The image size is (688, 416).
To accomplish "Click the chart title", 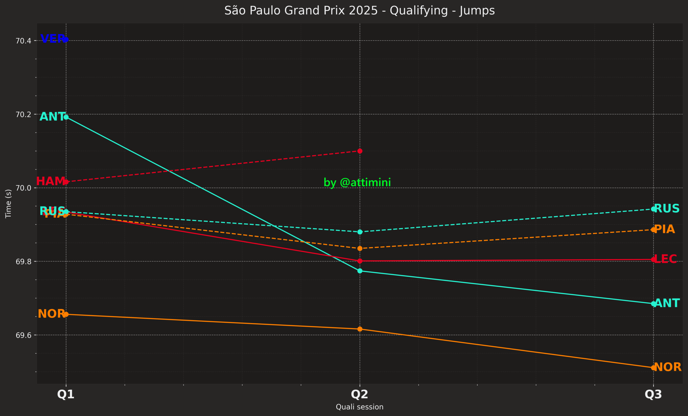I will [x=359, y=10].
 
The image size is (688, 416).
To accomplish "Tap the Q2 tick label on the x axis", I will [x=359, y=394].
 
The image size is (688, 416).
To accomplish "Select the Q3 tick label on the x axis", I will [x=653, y=394].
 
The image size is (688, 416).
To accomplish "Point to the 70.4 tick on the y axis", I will [x=23, y=41].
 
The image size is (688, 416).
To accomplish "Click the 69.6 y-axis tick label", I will [x=23, y=335].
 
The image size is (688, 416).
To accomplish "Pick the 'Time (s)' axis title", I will [x=8, y=203].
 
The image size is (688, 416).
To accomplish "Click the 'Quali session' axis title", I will [x=359, y=407].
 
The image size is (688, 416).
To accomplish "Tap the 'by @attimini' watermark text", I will [x=357, y=182].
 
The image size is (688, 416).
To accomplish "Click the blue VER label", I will [x=52, y=38].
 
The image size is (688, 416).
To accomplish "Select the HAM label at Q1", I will [x=50, y=181].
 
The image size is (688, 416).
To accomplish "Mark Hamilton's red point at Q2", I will [x=360, y=151].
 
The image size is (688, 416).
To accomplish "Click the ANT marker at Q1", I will [x=66, y=117].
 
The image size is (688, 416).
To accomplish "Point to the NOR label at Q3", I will [x=667, y=367].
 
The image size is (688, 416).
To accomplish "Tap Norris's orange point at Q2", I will [x=360, y=329].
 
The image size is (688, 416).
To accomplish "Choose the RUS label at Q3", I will [x=666, y=208].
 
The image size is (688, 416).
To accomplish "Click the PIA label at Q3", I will [x=664, y=229].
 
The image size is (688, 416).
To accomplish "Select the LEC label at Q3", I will [x=665, y=259].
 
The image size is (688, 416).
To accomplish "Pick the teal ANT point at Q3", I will [x=653, y=303].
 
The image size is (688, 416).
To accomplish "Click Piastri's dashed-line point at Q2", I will [x=360, y=249].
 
